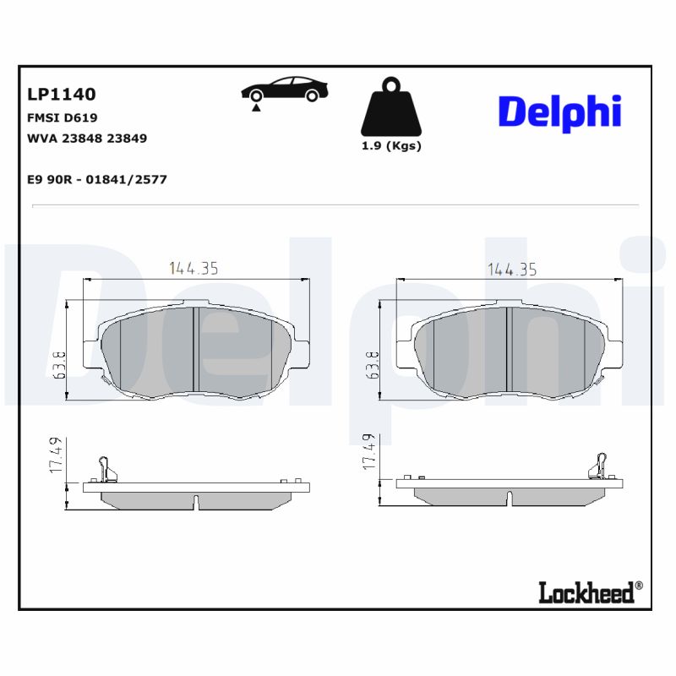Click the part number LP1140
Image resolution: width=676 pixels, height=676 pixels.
(62, 95)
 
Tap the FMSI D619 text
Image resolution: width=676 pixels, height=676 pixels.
(63, 118)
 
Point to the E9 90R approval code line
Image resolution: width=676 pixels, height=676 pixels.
(96, 179)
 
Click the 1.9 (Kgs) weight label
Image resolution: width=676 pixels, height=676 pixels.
(390, 145)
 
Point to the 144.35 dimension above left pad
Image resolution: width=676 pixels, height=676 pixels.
(194, 269)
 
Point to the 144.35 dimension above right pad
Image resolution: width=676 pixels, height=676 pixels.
(512, 269)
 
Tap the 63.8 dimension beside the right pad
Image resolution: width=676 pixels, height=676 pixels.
(373, 364)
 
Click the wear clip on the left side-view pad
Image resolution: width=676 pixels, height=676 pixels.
(105, 467)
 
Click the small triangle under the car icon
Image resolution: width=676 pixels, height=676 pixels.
(254, 108)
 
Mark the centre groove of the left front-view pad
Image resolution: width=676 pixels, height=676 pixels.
(195, 350)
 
